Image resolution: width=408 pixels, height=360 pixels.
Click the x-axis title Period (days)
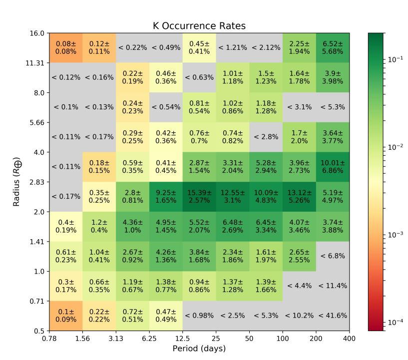click(x=199, y=348)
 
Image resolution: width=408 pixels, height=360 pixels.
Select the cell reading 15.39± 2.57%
click(x=199, y=197)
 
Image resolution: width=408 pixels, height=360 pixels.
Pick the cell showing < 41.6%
click(x=333, y=316)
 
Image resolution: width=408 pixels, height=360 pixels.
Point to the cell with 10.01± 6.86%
click(x=333, y=167)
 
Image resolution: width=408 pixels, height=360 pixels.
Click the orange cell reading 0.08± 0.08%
click(x=66, y=48)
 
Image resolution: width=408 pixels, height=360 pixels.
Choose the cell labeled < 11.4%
click(x=333, y=286)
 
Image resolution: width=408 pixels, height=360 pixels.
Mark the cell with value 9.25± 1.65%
click(x=166, y=197)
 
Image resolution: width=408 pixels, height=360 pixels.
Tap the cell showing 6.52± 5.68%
click(x=333, y=48)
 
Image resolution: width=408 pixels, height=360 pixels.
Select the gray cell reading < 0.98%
click(x=199, y=316)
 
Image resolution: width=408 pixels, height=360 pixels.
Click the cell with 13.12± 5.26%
click(x=299, y=197)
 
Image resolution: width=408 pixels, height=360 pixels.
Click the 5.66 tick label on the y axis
click(x=38, y=122)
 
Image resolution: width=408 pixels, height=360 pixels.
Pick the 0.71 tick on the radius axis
click(x=38, y=301)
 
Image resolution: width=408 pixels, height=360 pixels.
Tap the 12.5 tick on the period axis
click(x=183, y=339)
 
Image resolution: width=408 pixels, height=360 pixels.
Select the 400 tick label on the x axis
click(x=349, y=339)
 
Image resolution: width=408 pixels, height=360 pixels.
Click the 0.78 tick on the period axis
click(x=49, y=339)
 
